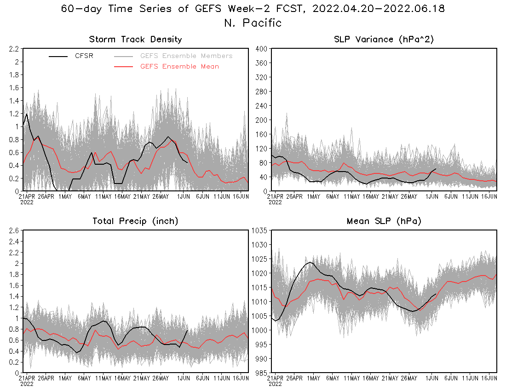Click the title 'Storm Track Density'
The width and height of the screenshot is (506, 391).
[135, 40]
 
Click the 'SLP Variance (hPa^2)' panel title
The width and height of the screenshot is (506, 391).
[384, 40]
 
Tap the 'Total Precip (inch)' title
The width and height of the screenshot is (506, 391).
[135, 221]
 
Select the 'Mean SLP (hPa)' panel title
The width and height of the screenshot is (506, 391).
[384, 221]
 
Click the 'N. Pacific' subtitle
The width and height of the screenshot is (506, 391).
[253, 23]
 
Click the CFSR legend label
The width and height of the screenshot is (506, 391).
[84, 56]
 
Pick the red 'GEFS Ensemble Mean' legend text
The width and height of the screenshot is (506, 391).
[179, 66]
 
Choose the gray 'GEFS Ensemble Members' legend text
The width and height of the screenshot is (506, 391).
[186, 56]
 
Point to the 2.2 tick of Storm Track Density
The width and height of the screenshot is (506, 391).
[13, 49]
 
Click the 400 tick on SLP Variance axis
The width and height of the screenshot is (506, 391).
[262, 49]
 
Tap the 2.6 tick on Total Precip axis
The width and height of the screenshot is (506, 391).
[13, 230]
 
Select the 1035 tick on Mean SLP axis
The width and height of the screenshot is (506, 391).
[260, 230]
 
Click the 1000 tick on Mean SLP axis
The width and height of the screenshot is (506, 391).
[260, 330]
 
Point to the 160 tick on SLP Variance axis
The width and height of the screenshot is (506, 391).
[262, 134]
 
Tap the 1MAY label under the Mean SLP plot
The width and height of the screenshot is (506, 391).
[314, 378]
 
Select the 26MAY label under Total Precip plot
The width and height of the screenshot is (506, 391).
[160, 378]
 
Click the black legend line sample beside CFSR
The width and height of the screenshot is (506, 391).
[58, 56]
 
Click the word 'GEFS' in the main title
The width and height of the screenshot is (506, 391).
[202, 9]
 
